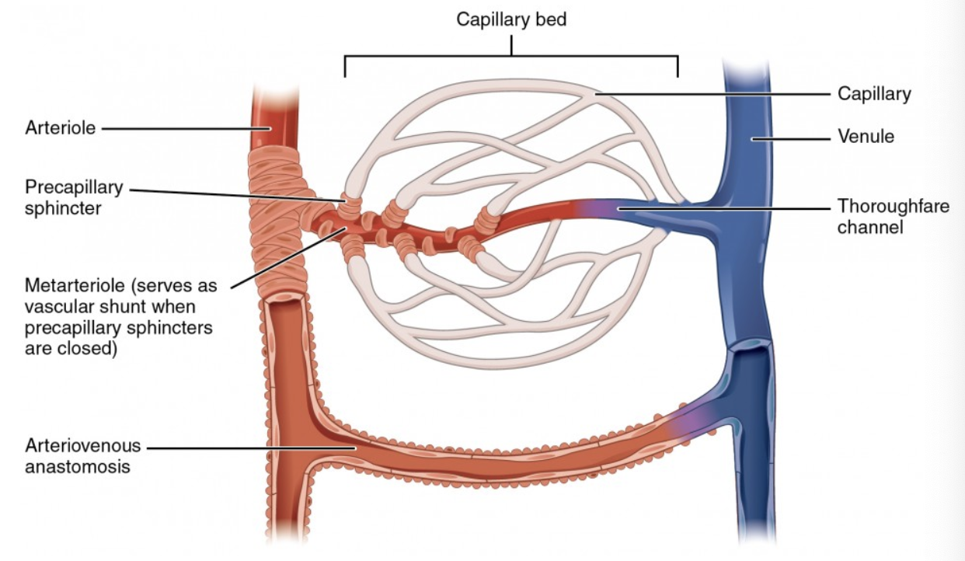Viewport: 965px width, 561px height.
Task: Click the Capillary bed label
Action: pos(511,19)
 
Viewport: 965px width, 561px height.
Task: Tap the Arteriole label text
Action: pos(60,127)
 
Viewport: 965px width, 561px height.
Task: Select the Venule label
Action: pos(866,137)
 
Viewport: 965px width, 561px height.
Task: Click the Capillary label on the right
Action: pos(873,94)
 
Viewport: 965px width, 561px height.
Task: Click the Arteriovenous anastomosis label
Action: pos(82,456)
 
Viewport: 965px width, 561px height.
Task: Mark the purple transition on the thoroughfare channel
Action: pos(591,207)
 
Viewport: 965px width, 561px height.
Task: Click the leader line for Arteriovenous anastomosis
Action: pos(249,448)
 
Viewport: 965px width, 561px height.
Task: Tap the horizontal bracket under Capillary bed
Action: pos(511,56)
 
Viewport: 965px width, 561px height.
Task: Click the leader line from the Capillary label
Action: pos(715,94)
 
